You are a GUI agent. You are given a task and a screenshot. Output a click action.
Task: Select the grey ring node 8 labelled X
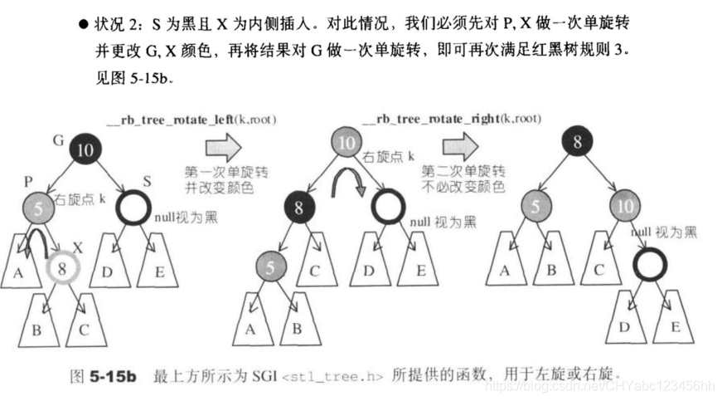[x=61, y=270]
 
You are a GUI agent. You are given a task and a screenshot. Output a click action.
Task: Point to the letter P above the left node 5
[x=30, y=181]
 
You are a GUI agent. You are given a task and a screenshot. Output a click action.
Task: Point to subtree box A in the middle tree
[x=249, y=326]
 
